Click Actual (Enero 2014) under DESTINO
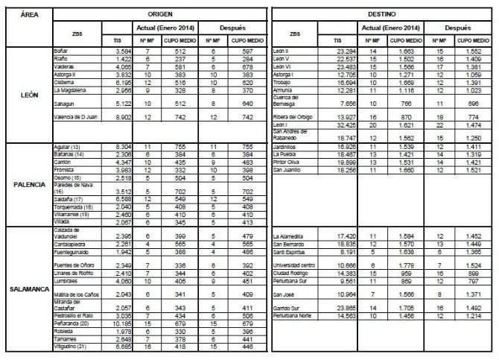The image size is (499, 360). pyautogui.click(x=392, y=28)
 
